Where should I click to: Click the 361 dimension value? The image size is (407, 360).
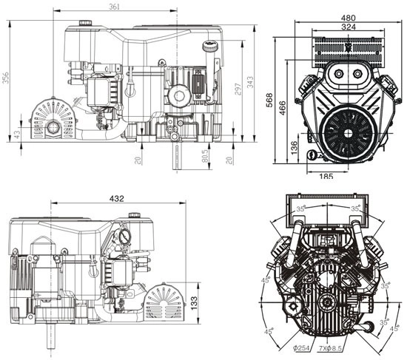click(114, 7)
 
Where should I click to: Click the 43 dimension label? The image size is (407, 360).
click(18, 134)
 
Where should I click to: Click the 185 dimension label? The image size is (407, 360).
click(326, 176)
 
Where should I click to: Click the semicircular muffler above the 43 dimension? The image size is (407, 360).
click(53, 118)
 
